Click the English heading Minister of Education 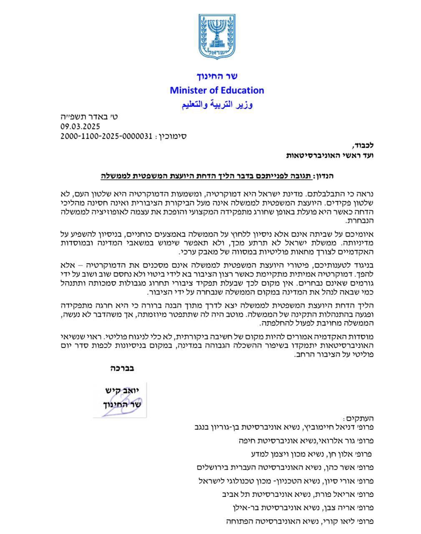[217, 90]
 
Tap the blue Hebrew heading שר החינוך [217, 76]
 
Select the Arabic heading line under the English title [217, 104]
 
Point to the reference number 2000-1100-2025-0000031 [107, 136]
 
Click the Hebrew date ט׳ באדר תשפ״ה [89, 117]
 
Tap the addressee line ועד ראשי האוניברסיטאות [330, 155]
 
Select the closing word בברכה [122, 368]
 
